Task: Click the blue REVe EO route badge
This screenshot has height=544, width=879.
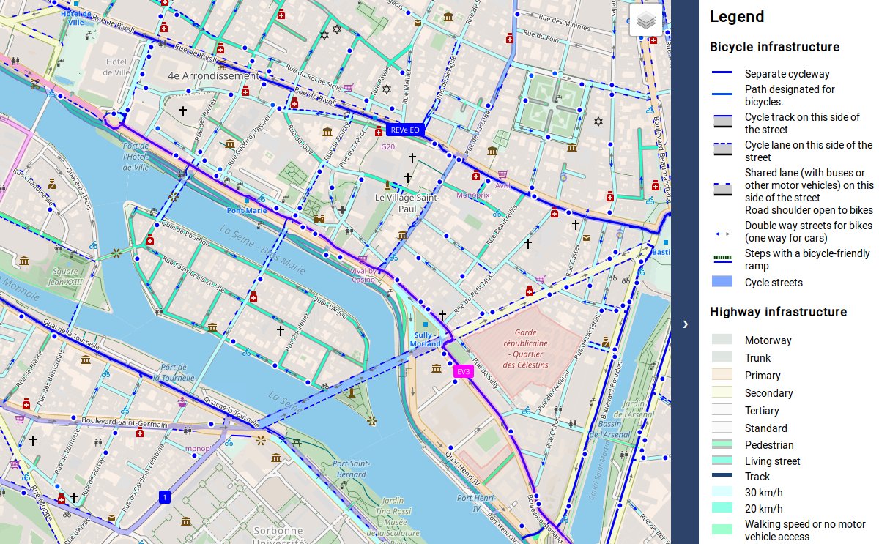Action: point(405,130)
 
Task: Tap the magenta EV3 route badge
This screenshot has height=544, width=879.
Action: point(463,371)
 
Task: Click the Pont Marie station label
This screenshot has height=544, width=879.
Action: point(247,211)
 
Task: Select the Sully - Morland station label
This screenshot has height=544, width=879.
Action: point(425,340)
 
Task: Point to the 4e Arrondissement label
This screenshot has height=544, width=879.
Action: point(213,75)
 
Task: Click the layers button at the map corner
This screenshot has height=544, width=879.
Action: point(645,21)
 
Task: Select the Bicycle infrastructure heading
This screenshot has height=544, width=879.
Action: point(774,47)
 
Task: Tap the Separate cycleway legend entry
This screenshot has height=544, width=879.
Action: point(787,74)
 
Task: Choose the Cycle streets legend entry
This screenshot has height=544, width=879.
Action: point(774,283)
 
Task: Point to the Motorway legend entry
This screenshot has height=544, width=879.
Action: point(768,340)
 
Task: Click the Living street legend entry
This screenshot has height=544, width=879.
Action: point(772,461)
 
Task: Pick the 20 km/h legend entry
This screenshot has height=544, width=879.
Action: point(763,509)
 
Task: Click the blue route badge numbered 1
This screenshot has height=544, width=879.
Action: point(165,498)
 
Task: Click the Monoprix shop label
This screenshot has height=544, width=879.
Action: point(472,195)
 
